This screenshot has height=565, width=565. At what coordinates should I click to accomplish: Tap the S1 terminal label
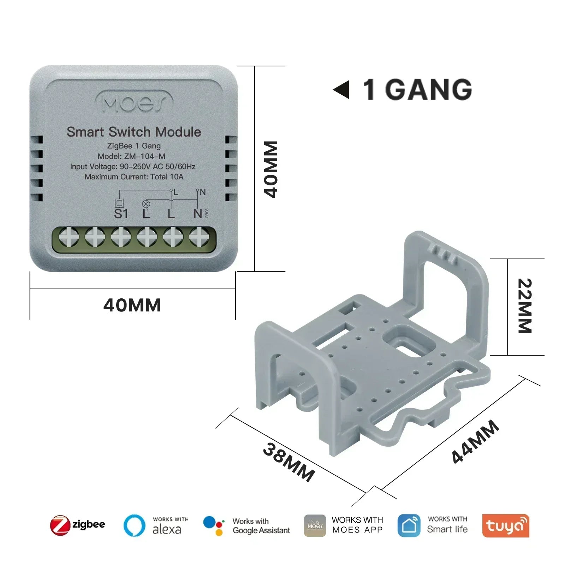(121, 214)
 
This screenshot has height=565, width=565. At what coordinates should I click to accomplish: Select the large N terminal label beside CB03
(198, 214)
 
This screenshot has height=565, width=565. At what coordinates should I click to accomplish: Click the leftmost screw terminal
(69, 236)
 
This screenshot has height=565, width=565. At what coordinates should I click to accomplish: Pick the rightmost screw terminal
(199, 236)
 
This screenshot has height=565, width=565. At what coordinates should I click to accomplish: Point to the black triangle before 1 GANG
(341, 90)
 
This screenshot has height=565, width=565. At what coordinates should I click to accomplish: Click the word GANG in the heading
(428, 90)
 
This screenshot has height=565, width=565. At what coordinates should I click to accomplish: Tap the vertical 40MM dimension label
(271, 169)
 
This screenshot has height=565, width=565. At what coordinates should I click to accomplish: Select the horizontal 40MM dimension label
(132, 305)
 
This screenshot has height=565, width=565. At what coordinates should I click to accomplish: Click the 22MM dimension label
(525, 306)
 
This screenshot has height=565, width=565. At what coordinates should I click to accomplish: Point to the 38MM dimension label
(289, 462)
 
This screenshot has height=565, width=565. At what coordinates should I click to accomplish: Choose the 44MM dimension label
(475, 441)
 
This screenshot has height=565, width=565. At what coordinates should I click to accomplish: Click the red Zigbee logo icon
(60, 525)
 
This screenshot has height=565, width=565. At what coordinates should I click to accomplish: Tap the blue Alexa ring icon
(134, 525)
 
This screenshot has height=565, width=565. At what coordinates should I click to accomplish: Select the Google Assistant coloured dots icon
(214, 525)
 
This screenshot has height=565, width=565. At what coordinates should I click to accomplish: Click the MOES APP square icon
(315, 525)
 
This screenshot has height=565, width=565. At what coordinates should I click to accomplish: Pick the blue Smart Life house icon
(409, 525)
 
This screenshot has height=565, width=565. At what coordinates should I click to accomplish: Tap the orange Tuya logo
(506, 525)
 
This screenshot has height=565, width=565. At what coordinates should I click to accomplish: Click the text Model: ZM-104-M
(131, 156)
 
